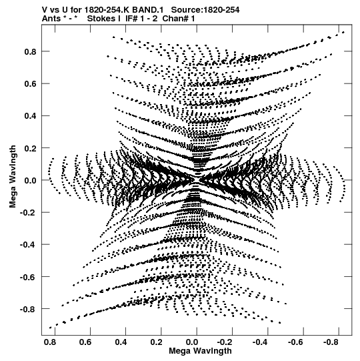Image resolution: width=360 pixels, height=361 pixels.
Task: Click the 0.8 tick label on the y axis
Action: pos(31,51)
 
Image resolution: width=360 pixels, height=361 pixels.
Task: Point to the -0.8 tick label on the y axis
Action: pos(28,309)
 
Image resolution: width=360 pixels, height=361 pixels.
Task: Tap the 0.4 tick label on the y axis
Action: pos(31,116)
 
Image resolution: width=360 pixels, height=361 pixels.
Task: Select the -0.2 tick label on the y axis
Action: pos(28,212)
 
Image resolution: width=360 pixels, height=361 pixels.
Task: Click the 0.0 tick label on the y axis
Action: pos(31,180)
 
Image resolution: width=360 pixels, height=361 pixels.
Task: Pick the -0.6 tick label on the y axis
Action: pos(28,277)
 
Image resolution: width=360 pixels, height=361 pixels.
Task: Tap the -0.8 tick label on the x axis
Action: pos(331,342)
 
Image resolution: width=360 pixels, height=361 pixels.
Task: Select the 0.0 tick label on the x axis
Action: pos(192,342)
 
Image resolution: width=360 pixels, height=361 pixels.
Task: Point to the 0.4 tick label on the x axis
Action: pos(121,342)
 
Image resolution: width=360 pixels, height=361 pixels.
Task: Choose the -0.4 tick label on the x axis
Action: pos(260,342)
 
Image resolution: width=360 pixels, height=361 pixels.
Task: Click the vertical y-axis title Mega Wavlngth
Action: pos(13,177)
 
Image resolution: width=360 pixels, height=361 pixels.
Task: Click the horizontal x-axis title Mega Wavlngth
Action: pos(200,351)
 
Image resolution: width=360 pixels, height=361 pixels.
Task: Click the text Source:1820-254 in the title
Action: pos(205,10)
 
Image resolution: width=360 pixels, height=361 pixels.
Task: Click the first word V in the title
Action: pos(45,10)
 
